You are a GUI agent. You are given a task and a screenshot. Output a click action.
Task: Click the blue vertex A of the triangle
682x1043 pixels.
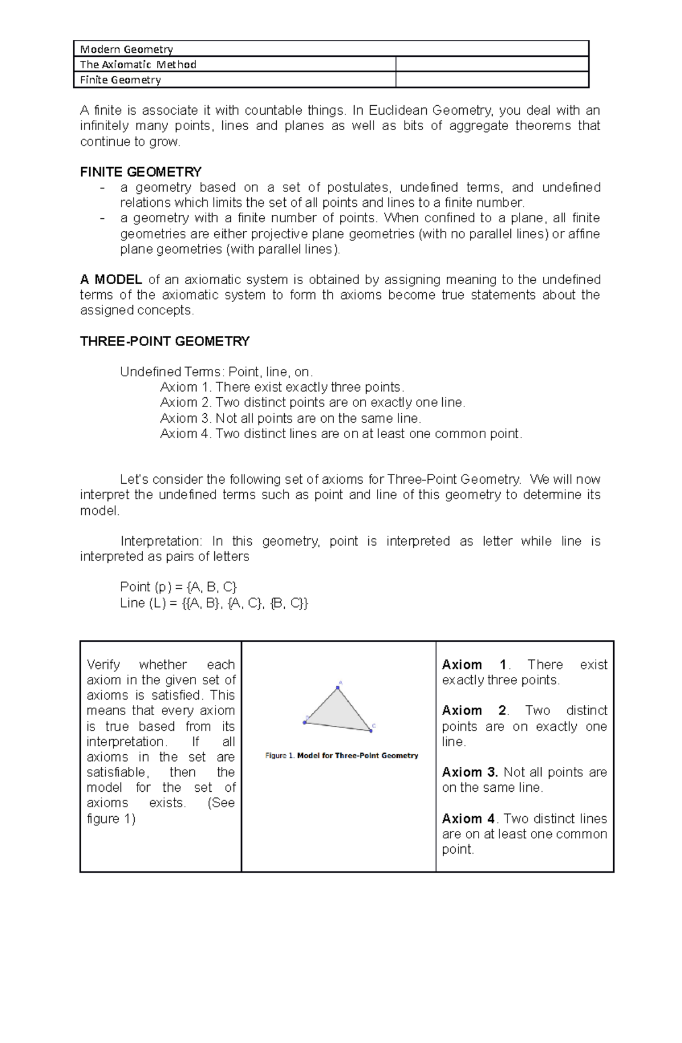338,688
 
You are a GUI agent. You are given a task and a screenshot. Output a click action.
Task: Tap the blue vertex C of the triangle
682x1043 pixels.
371,731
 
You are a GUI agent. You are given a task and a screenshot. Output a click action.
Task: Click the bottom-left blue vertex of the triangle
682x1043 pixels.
305,722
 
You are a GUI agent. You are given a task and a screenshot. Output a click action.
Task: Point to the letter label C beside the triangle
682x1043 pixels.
374,725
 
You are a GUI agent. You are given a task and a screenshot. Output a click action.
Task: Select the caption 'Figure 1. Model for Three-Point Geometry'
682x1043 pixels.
342,755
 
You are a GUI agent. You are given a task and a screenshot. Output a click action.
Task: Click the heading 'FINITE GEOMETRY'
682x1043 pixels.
141,172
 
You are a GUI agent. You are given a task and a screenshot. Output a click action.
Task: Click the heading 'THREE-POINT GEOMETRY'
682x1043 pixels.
165,341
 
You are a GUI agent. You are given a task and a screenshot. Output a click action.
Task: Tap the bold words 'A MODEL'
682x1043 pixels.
111,280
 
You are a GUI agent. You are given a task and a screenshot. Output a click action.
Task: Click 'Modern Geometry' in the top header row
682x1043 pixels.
126,49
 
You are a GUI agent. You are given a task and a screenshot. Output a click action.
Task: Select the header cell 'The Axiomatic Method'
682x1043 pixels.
138,64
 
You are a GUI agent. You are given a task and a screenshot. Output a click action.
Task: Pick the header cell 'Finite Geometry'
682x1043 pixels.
120,80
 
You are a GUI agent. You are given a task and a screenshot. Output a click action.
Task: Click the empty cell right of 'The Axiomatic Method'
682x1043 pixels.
492,64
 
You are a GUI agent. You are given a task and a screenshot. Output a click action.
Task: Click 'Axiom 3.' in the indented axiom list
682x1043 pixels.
186,418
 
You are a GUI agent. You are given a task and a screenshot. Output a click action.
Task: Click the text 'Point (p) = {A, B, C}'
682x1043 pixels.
178,587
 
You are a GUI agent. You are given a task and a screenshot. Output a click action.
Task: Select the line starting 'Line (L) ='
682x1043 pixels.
214,603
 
